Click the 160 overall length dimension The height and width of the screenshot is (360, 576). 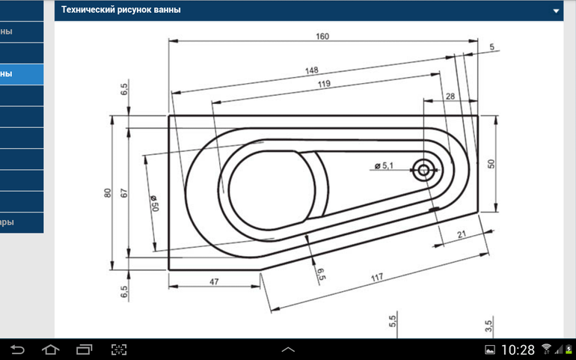click(322, 37)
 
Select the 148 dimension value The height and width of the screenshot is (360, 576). click(311, 71)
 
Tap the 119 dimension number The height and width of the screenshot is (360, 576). click(324, 85)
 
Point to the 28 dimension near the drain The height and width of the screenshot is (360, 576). click(450, 97)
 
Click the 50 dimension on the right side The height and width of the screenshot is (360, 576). click(491, 163)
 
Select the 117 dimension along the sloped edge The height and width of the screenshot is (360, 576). click(377, 278)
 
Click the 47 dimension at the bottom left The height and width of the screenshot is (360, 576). click(213, 281)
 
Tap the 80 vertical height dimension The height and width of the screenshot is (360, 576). click(107, 192)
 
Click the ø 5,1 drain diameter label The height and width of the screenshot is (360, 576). click(388, 165)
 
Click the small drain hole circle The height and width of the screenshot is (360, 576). click(424, 170)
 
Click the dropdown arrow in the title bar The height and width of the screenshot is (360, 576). click(556, 11)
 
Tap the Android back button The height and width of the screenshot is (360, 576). click(18, 349)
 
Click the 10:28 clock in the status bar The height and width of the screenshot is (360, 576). click(517, 350)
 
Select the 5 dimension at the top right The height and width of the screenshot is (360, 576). click(492, 47)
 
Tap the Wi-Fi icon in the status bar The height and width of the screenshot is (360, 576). click(546, 350)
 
